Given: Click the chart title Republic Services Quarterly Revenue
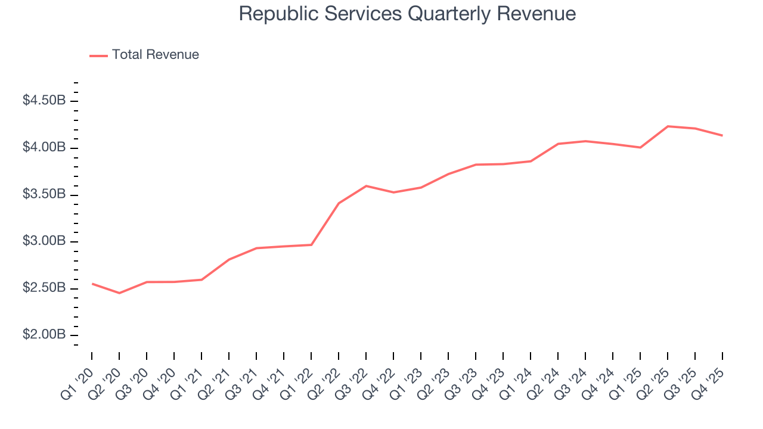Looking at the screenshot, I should pyautogui.click(x=407, y=14).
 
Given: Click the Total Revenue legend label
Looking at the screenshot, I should pyautogui.click(x=155, y=55).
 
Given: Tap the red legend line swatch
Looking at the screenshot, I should pyautogui.click(x=98, y=55).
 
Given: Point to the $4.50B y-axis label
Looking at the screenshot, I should pyautogui.click(x=44, y=101).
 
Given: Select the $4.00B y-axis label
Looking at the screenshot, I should pyautogui.click(x=44, y=147).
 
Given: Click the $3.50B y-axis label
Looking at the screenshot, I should pyautogui.click(x=44, y=194).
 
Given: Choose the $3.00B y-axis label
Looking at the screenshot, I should pyautogui.click(x=44, y=241).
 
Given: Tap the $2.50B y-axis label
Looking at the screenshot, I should pyautogui.click(x=44, y=288).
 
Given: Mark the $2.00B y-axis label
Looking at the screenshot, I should pyautogui.click(x=44, y=335).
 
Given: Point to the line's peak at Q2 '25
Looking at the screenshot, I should pyautogui.click(x=668, y=126).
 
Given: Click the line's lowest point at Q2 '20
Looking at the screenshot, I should pyautogui.click(x=119, y=293).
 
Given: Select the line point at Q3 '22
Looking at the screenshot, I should pyautogui.click(x=366, y=186).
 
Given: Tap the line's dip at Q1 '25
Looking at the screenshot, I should pyautogui.click(x=640, y=147).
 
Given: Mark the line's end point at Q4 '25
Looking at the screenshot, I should pyautogui.click(x=722, y=135).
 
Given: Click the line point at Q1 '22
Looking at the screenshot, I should pyautogui.click(x=311, y=245).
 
